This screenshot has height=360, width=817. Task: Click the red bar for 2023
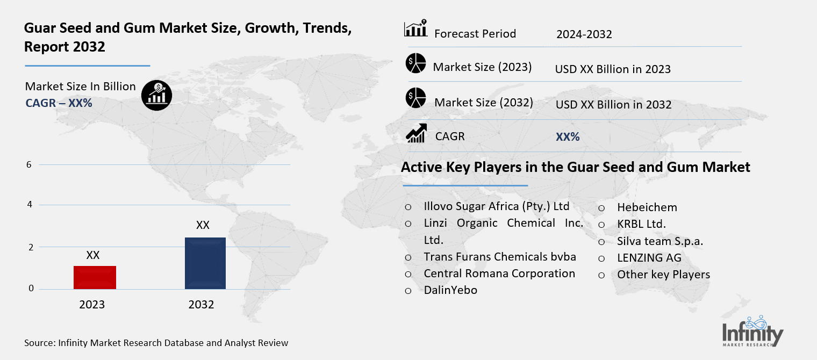(x=95, y=277)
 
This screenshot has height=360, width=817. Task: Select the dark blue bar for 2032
(x=205, y=263)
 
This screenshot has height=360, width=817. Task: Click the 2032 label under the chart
(x=201, y=305)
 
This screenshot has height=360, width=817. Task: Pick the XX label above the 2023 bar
(x=93, y=255)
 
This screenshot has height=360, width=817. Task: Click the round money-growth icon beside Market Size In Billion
(x=156, y=95)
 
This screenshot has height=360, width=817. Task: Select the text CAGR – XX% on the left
(x=59, y=103)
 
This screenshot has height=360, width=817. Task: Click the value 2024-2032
(x=584, y=34)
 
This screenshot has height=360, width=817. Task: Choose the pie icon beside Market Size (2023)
(x=415, y=63)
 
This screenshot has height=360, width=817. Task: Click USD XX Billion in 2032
(x=613, y=104)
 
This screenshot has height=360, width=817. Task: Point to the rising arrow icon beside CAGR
(x=416, y=133)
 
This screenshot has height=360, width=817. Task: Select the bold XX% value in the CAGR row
(x=568, y=137)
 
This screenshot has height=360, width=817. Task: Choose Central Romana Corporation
(x=499, y=273)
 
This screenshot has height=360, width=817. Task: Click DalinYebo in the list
(x=450, y=290)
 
